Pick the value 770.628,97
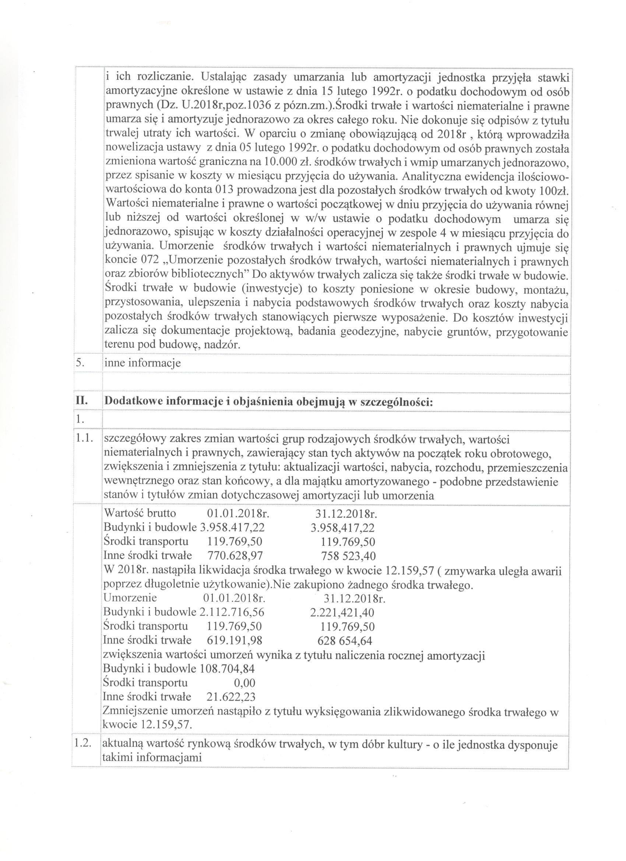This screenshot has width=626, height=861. [235, 556]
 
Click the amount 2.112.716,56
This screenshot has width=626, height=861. [232, 612]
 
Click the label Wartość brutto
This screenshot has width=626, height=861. [140, 513]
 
